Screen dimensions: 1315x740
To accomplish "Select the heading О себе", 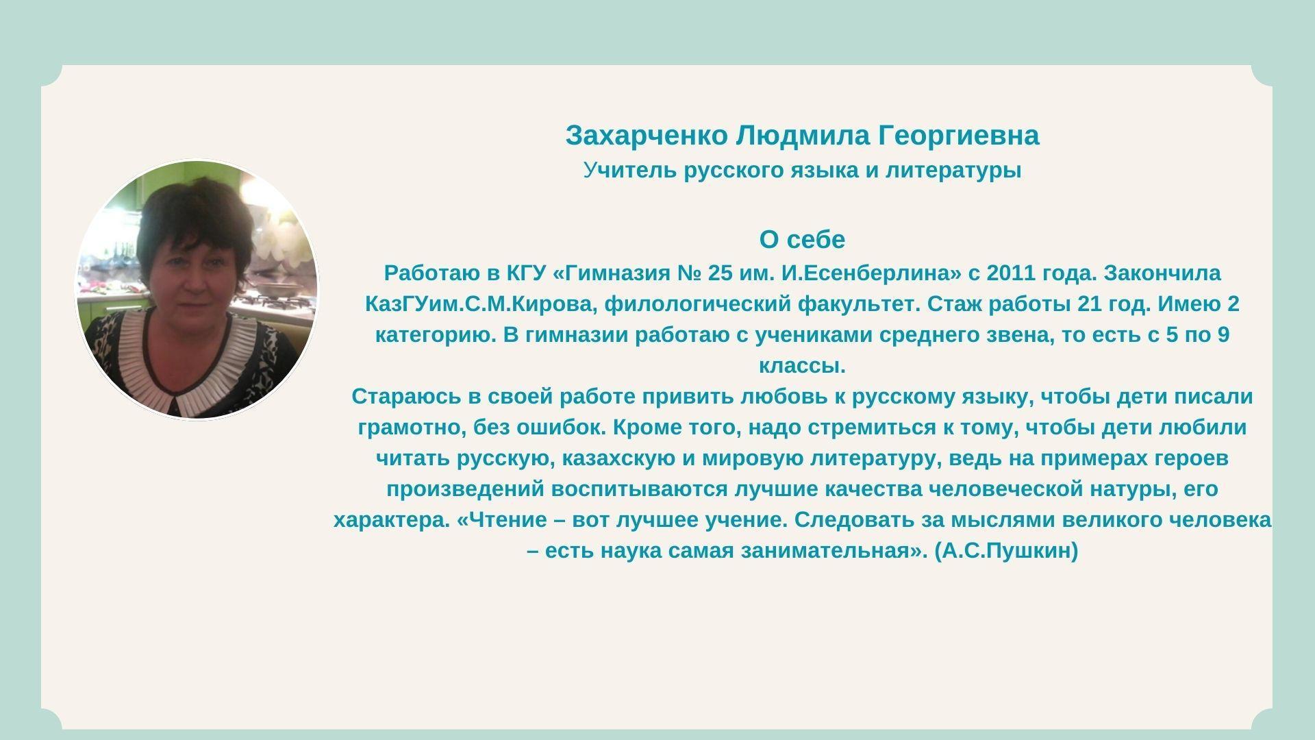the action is coord(802,240).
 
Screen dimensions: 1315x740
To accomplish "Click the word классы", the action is coord(802,366).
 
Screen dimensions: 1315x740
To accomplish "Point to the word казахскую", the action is coord(619,458).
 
